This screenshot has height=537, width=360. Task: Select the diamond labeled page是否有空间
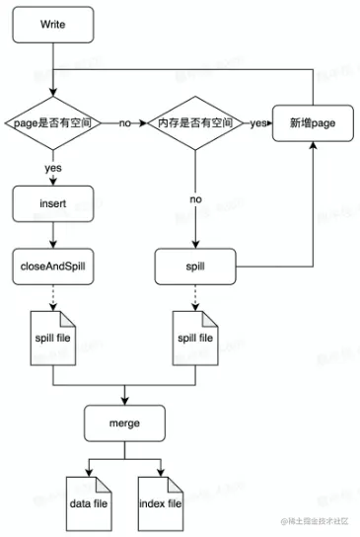(x=53, y=124)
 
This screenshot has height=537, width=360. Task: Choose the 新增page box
(x=312, y=124)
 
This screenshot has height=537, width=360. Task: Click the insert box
(x=53, y=205)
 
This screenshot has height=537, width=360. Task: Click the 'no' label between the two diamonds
(x=124, y=124)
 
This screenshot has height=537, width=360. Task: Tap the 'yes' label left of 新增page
(x=257, y=124)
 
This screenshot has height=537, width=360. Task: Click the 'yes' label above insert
(x=53, y=168)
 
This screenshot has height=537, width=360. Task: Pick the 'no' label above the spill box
(x=195, y=198)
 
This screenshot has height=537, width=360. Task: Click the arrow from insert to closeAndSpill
(x=53, y=235)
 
